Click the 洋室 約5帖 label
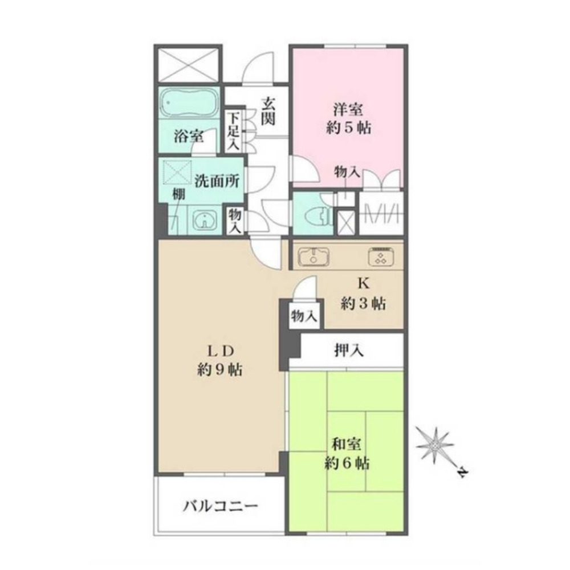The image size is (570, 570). [349, 119]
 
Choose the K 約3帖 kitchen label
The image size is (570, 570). [363, 295]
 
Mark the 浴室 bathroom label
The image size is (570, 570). [188, 136]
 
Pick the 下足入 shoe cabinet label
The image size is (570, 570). [234, 131]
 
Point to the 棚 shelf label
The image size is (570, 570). [179, 194]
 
